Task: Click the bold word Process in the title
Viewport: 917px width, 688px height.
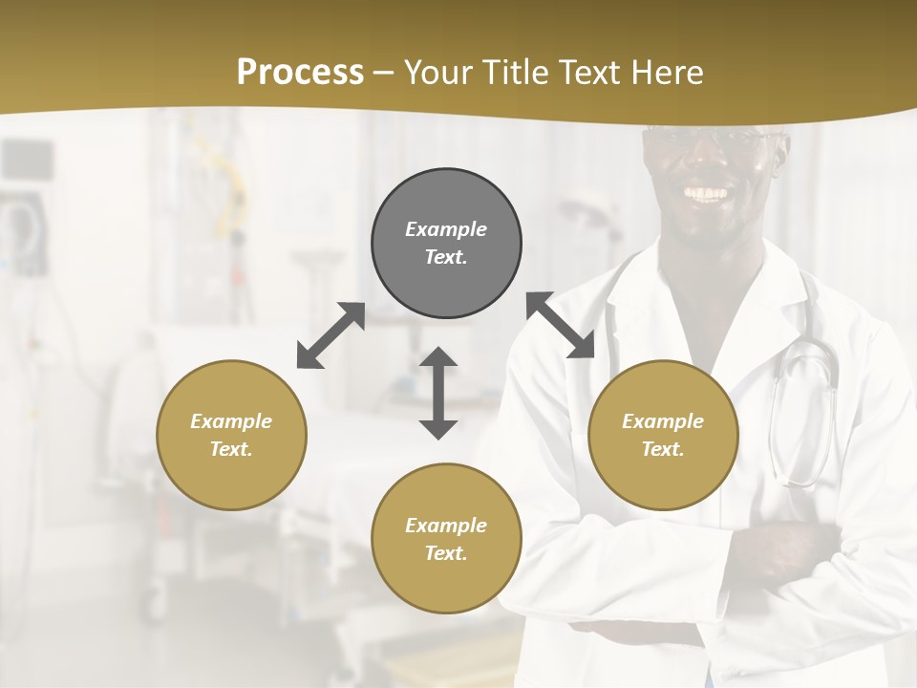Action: pyautogui.click(x=300, y=73)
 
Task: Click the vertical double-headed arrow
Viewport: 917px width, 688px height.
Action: pyautogui.click(x=438, y=393)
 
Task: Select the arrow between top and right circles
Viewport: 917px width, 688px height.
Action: pyautogui.click(x=560, y=326)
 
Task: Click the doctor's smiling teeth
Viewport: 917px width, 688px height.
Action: pyautogui.click(x=707, y=194)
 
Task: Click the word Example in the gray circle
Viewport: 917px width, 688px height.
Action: pyautogui.click(x=446, y=229)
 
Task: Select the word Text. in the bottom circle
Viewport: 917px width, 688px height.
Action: pyautogui.click(x=446, y=553)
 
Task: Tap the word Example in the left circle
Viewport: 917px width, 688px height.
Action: pyautogui.click(x=231, y=421)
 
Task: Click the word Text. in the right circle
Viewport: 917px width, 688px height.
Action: pyautogui.click(x=663, y=449)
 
